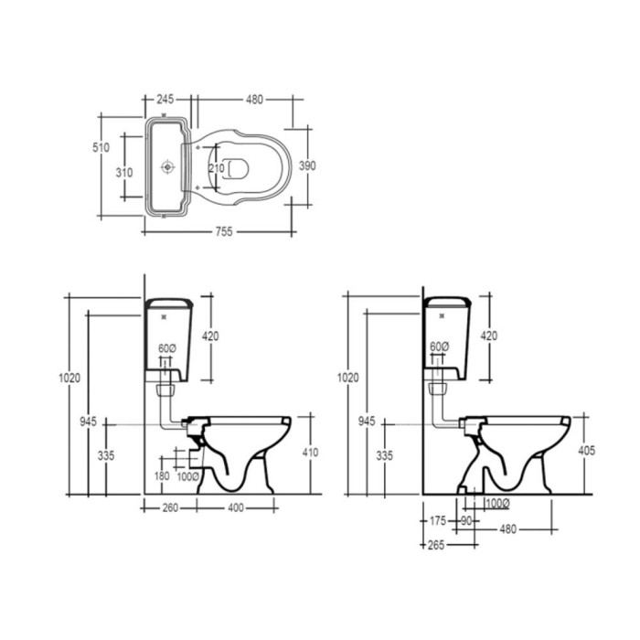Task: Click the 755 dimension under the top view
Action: (x=224, y=232)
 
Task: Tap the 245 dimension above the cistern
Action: (x=165, y=99)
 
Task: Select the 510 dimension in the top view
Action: (x=101, y=147)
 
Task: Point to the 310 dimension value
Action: (x=124, y=173)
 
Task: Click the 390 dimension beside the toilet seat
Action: (x=307, y=165)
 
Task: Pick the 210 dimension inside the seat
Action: (x=217, y=167)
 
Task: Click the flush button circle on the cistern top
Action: (x=167, y=166)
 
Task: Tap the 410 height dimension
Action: (x=310, y=453)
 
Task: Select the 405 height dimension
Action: (x=587, y=450)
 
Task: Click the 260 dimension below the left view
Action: (x=170, y=507)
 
